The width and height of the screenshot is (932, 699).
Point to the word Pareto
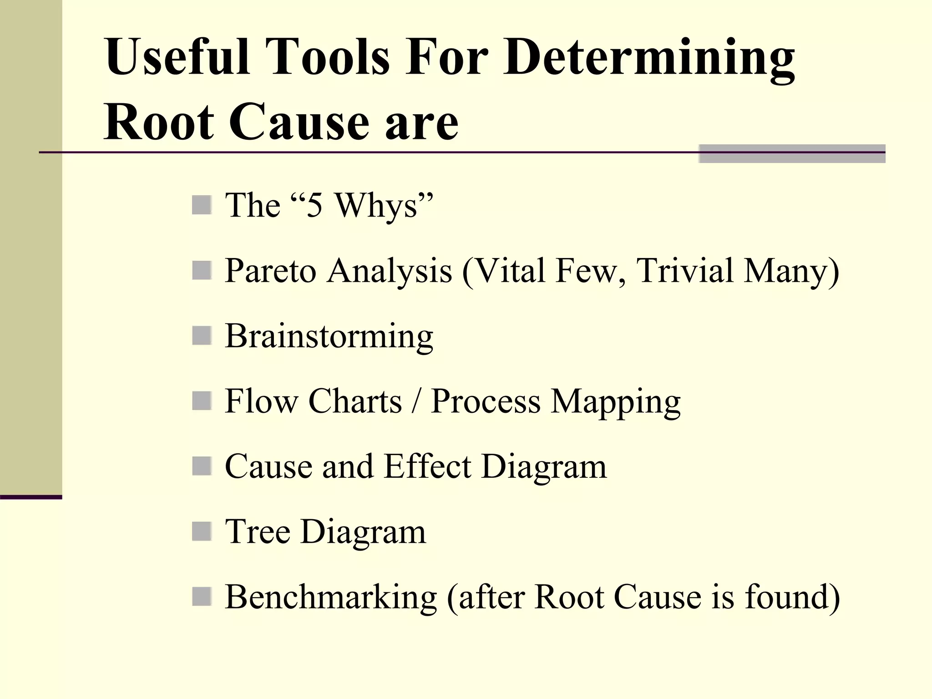(270, 271)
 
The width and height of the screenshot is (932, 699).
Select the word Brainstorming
(329, 337)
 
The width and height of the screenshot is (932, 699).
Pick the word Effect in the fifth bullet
(427, 466)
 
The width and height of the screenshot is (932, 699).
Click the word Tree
(258, 532)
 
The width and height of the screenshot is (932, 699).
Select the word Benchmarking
(331, 597)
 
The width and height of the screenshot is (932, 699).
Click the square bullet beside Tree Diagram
(202, 531)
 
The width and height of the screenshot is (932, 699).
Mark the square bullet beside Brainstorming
(202, 336)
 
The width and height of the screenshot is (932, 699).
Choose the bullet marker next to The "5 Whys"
(202, 205)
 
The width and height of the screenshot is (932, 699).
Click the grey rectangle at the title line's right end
(791, 154)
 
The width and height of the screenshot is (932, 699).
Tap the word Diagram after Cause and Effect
(544, 467)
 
